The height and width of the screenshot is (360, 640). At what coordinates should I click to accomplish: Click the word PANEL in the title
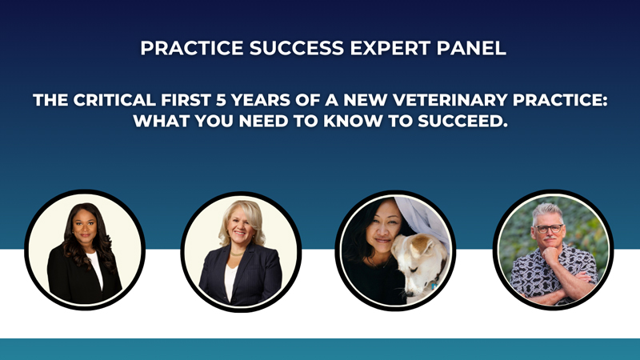click(471, 48)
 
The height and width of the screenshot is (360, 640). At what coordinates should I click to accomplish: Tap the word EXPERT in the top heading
click(390, 48)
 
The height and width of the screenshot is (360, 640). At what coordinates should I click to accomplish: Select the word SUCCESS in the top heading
click(297, 48)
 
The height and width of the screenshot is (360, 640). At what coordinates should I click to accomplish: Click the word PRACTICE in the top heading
click(192, 48)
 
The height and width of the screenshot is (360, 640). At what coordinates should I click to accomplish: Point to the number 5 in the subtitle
click(221, 100)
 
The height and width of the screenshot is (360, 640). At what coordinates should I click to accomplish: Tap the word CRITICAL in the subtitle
click(114, 100)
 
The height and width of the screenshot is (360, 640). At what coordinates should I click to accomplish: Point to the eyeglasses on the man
click(549, 229)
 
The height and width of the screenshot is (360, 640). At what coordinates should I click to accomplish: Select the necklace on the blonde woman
click(237, 254)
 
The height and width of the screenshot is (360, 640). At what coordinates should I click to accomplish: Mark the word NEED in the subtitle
click(264, 121)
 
